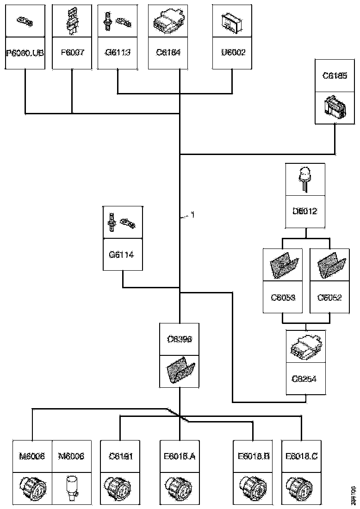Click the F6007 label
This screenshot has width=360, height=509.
72,52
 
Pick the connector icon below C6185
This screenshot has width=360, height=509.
335,107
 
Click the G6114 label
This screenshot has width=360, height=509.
122,254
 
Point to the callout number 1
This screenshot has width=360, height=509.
193,215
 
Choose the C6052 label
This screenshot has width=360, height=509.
329,297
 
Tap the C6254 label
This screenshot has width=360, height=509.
306,379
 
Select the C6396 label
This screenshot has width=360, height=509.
180,339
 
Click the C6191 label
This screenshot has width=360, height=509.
120,456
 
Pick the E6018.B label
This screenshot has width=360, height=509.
253,456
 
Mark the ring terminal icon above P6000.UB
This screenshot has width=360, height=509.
24,20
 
